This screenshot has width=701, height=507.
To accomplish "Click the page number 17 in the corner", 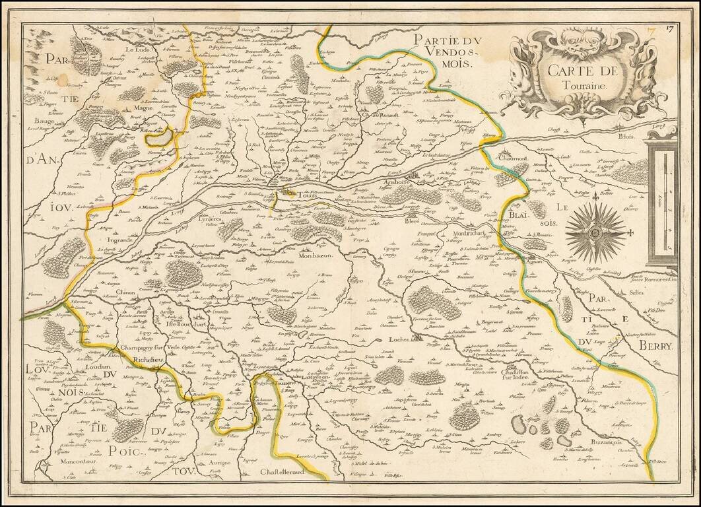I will click(x=669, y=28).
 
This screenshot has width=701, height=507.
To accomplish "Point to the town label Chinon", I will click(x=123, y=292).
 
